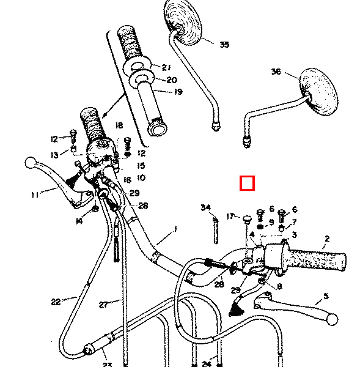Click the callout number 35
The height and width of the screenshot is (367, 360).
[224, 45]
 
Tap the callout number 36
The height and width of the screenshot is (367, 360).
[276, 72]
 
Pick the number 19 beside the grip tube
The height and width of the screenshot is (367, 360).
[178, 92]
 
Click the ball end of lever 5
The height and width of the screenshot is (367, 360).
[332, 319]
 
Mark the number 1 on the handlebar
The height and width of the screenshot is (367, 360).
[175, 229]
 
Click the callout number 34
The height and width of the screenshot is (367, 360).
[206, 209]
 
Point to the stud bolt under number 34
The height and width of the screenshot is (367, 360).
[215, 229]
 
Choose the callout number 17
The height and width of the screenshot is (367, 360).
[230, 216]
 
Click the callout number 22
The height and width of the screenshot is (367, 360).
[56, 301]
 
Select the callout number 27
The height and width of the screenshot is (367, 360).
[103, 303]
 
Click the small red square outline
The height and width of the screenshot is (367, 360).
[247, 183]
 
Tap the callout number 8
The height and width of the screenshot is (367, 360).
[279, 286]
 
